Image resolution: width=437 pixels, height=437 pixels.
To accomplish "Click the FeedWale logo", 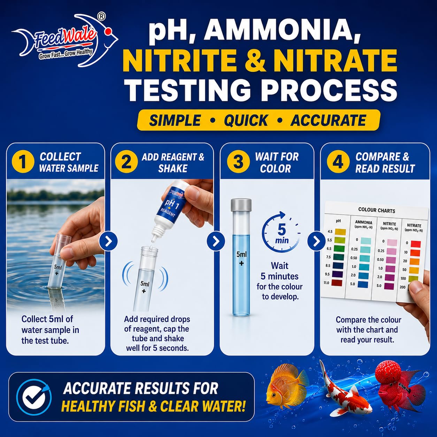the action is coord(64,41).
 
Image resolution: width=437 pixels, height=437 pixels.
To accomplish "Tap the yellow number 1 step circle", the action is coord(23,162).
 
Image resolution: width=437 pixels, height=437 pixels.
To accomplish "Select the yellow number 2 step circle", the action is coord(126,162).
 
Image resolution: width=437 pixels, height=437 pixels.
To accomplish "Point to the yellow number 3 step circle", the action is coord(238,162).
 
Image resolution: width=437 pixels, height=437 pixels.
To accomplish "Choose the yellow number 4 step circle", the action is coord(338,162).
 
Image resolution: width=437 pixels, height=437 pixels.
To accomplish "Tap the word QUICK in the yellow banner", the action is coord(246,120).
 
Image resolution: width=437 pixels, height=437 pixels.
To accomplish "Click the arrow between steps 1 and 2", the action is coord(109,242).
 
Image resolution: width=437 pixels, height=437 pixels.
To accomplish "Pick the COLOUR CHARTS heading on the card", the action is coord(376,210).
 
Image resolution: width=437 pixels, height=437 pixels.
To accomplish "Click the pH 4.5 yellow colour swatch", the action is coord(340,232).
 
